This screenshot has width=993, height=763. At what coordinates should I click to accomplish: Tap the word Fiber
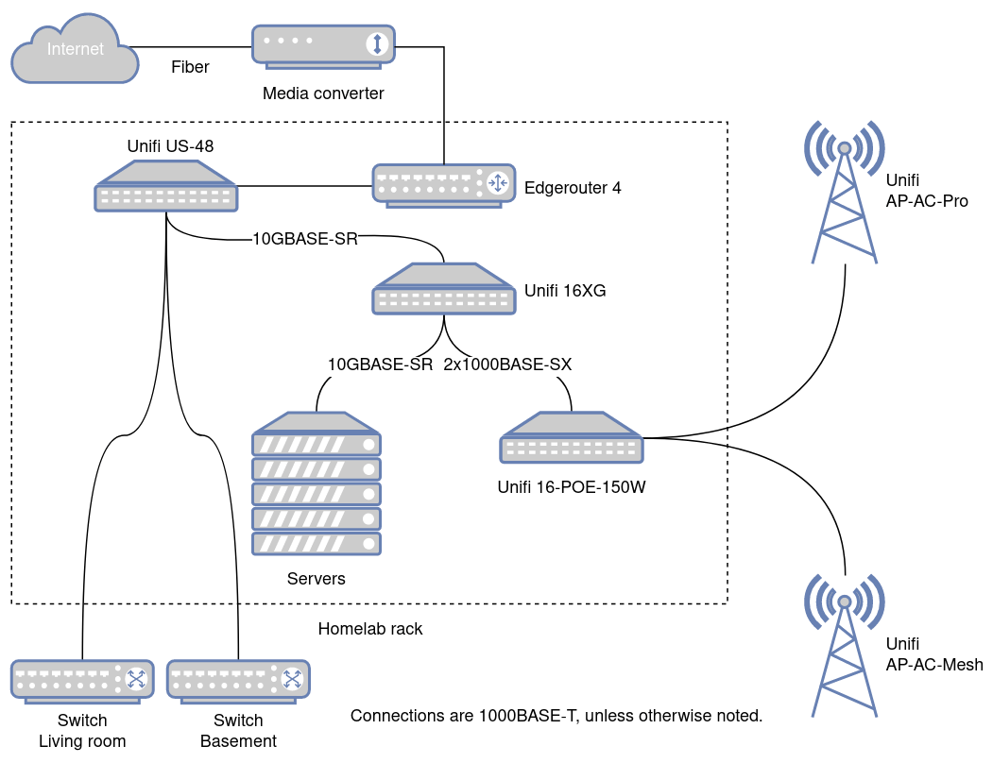[190, 67]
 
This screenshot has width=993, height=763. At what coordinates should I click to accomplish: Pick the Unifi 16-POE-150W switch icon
[572, 438]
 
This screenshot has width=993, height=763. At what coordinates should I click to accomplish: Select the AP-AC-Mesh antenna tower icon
[844, 644]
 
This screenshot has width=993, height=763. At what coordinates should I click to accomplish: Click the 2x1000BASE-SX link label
[507, 364]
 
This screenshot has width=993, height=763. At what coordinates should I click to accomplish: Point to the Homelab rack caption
[370, 629]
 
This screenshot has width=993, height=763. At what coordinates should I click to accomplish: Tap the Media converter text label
[323, 93]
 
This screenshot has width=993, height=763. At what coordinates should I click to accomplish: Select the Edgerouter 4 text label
[573, 187]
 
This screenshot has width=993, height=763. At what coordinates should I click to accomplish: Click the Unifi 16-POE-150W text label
[571, 488]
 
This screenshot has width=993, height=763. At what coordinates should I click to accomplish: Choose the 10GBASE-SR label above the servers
[380, 364]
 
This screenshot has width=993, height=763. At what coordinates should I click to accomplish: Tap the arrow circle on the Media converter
[378, 43]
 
